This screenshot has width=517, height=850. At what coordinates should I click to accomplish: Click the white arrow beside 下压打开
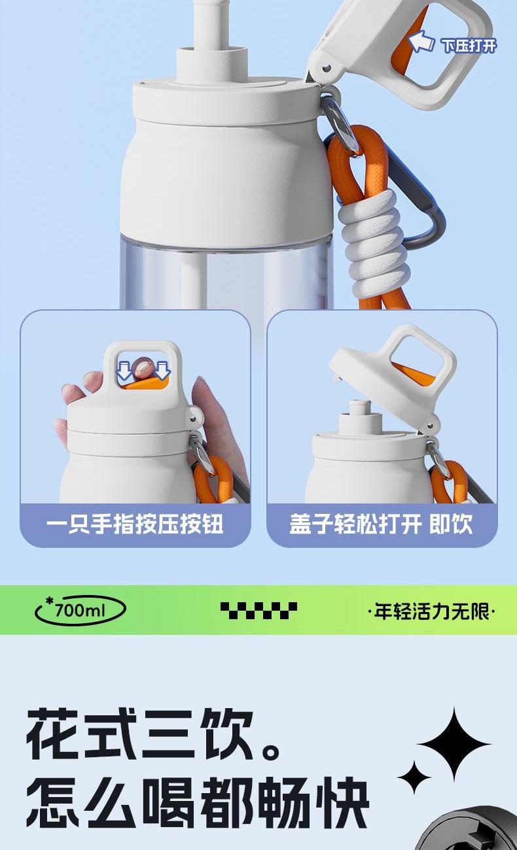click(421, 42)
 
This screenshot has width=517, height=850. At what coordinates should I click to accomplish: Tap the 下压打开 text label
click(469, 46)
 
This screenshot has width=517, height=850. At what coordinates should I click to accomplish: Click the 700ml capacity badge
click(80, 610)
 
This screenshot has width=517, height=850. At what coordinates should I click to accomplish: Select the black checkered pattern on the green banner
click(258, 610)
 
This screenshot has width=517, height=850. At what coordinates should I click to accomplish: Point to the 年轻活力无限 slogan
click(431, 611)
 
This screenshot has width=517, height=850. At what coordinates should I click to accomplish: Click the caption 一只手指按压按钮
click(135, 524)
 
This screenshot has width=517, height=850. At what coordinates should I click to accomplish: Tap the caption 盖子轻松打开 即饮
click(381, 524)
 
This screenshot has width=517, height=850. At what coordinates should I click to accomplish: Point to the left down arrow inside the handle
click(124, 370)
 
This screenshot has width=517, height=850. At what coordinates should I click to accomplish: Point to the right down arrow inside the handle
click(162, 370)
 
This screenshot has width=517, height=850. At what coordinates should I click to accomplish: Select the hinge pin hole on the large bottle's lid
click(327, 69)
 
